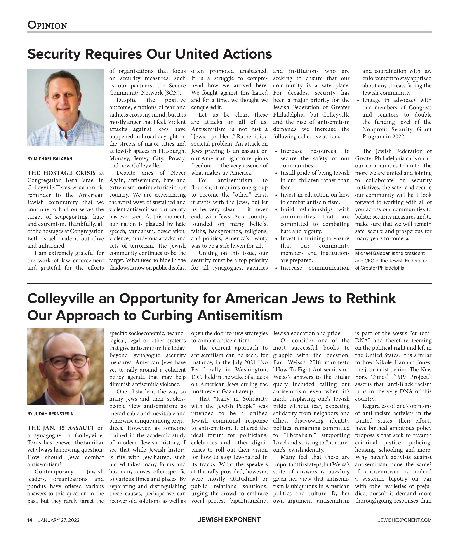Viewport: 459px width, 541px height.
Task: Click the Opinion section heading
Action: tap(47, 25)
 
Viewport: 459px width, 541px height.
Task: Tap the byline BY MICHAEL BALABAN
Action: tap(50, 159)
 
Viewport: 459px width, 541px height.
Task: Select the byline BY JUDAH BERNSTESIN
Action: tap(50, 414)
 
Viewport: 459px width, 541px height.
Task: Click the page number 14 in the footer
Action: tap(30, 520)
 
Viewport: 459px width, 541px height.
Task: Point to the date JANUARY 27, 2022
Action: tap(59, 520)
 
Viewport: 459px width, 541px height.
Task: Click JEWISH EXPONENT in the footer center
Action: tap(229, 520)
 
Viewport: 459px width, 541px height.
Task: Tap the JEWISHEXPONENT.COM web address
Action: tap(405, 520)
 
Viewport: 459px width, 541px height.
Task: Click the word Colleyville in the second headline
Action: tap(61, 298)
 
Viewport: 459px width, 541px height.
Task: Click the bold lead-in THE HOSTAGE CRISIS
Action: tap(61, 173)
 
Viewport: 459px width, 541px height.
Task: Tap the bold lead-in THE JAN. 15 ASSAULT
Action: tap(61, 428)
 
